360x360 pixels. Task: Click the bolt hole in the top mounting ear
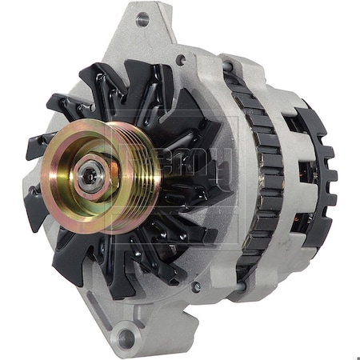coord(142,19)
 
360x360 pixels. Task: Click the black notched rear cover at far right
coord(324,172)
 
